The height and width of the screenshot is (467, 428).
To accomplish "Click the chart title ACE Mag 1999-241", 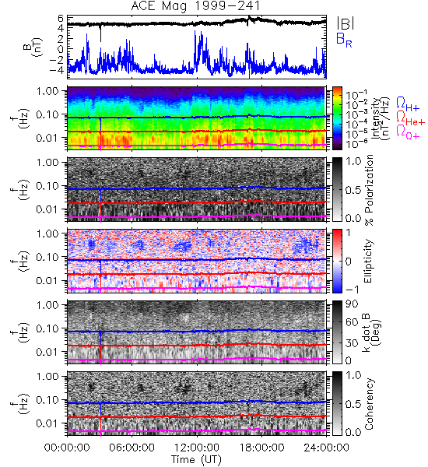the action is coord(195,6).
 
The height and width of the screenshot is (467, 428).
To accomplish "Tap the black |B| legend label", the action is coord(346,23).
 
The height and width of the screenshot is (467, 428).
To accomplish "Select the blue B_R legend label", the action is coord(344,40).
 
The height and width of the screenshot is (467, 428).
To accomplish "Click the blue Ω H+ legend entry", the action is coord(408,104).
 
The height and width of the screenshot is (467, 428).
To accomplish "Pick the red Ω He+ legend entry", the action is coord(410,118).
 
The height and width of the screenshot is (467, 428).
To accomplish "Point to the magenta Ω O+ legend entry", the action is coord(408,132).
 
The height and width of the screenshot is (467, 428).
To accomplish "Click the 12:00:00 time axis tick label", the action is coord(197,448).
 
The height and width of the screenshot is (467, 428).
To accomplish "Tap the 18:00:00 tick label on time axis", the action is coord(261,448).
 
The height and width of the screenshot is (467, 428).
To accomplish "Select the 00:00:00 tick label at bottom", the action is coord(67,448).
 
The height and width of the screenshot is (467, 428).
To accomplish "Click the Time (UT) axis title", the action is coord(196,459).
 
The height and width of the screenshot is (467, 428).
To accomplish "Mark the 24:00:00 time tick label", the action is coord(326,448).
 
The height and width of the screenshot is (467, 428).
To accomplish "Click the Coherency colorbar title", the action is coord(369,404).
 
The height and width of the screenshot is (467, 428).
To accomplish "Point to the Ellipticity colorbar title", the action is coord(369,262).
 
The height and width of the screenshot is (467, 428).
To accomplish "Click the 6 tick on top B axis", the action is coord(61,19).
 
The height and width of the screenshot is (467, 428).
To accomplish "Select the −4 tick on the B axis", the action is coord(57,71).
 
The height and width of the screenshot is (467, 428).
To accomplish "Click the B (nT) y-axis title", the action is coord(34,47).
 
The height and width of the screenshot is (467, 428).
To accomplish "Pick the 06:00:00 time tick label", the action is coord(132,448).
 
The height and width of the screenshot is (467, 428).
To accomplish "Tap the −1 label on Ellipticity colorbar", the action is coord(352,290).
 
